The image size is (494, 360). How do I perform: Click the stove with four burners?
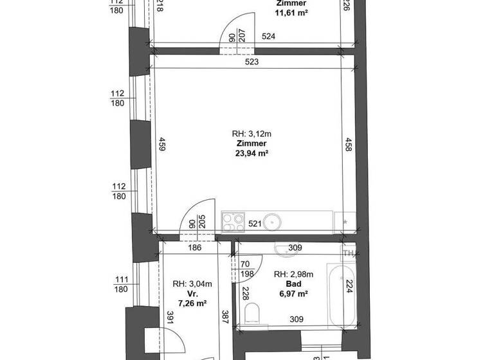[233, 222]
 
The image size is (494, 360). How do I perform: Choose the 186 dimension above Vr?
[195, 247]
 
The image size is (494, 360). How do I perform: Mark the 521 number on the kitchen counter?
[254, 224]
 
